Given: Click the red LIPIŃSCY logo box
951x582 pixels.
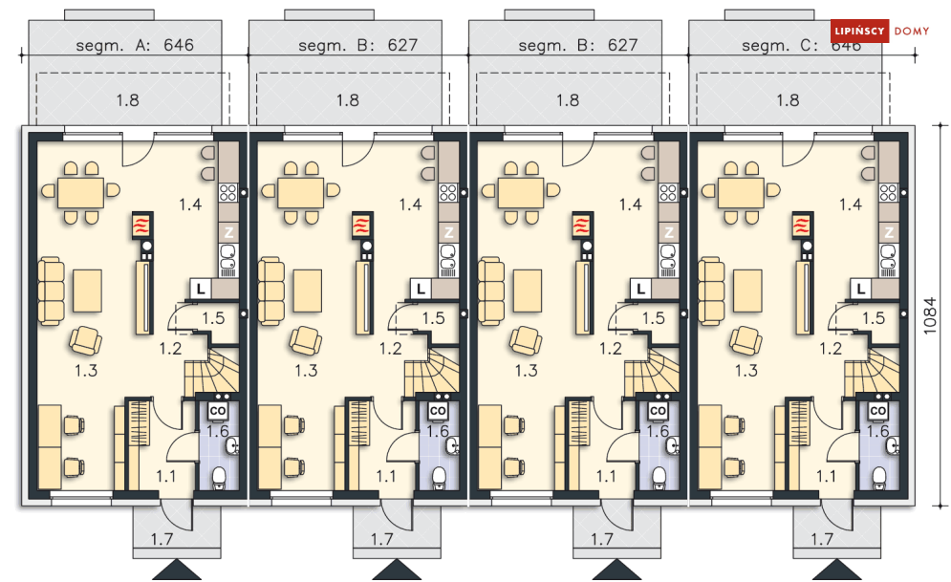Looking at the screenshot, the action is coord(859,31).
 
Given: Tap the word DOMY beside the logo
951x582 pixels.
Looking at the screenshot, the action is coord(912,31).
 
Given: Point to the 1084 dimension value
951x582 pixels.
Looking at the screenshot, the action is coord(930,315).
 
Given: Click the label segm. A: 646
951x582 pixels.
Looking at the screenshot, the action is coord(135,45).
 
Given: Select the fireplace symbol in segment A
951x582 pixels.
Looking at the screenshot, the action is coord(142,225).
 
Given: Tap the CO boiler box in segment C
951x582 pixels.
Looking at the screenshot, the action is coord(877,411).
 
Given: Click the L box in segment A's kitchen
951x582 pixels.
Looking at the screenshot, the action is coord(201,289).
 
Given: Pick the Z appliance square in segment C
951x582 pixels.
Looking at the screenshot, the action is coord(889,231).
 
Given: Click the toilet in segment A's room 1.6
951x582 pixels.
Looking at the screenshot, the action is coord(218,477).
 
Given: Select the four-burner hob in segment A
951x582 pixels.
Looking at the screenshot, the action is coord(228,193).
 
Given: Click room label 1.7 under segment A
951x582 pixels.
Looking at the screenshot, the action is coord(162,538).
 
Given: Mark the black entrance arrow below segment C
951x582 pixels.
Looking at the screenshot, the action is coord(837,570).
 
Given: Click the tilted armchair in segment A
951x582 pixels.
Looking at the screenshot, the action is coord(85,341).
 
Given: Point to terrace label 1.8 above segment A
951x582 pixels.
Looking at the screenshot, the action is coord(127,100).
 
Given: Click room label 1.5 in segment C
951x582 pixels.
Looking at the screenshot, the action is coord(874,317).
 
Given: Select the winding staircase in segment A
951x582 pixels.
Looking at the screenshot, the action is coord(211,370).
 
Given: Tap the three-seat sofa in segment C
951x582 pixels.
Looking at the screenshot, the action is coord(711,291).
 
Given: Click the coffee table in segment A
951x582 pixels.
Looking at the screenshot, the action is coord(87,291).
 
